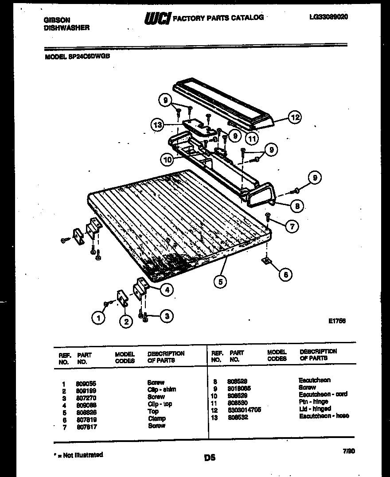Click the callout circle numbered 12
coord(294,118)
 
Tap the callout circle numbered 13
coord(158,125)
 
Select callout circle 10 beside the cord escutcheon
coord(167,158)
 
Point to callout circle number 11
coord(252,138)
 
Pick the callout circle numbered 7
coord(292,226)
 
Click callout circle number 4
coord(166,290)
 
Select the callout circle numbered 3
coord(166,316)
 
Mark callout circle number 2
coord(126,322)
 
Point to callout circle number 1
coord(98,317)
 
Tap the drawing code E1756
coord(336,321)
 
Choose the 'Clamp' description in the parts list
coord(157,419)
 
